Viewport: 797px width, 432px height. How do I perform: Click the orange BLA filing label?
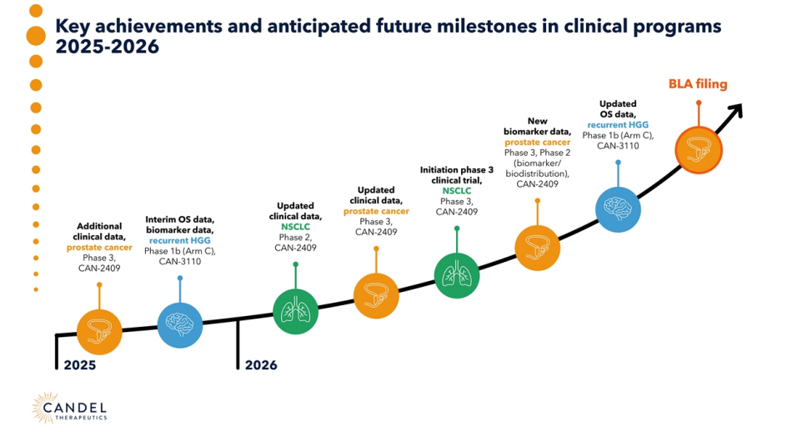pyautogui.click(x=698, y=84)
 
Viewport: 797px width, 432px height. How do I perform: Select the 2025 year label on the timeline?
pyautogui.click(x=79, y=364)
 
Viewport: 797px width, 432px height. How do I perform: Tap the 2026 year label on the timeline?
pyautogui.click(x=261, y=364)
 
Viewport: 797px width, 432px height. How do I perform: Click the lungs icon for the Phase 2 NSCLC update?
pyautogui.click(x=295, y=311)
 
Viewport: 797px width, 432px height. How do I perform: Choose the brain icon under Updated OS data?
pyautogui.click(x=619, y=208)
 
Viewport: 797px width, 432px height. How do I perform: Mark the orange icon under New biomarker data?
pyautogui.click(x=538, y=247)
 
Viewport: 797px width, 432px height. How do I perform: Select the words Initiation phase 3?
pyautogui.click(x=457, y=169)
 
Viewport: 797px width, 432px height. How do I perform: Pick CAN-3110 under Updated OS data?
pyautogui.click(x=618, y=146)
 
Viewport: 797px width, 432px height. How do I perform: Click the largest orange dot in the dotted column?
pyautogui.click(x=36, y=36)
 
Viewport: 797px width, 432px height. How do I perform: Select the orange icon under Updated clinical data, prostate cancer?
pyautogui.click(x=376, y=294)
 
